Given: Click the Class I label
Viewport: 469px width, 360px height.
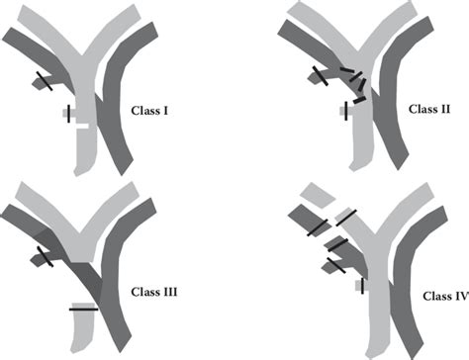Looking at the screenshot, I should [x=149, y=112].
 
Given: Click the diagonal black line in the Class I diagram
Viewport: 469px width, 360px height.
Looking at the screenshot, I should [x=45, y=80].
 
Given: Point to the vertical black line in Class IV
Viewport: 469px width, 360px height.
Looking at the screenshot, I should [x=362, y=285].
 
